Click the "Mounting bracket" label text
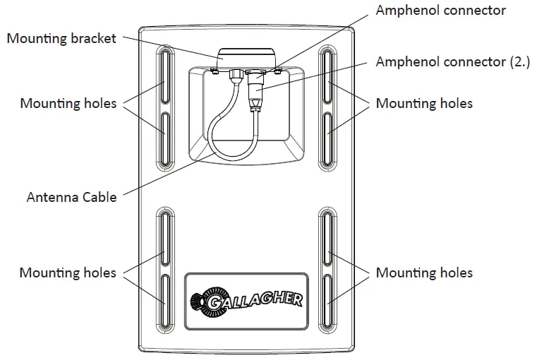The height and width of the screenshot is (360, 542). click(61, 38)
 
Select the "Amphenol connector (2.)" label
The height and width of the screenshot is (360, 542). click(451, 61)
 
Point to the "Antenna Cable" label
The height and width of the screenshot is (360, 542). click(71, 197)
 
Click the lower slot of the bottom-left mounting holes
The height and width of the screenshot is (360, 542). click(164, 300)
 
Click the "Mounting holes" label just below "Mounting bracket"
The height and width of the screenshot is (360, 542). click(68, 104)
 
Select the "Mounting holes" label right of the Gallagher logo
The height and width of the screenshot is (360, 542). click(424, 272)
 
